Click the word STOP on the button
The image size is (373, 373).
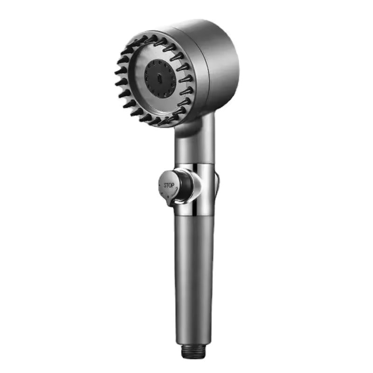point(169,185)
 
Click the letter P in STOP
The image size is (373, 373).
point(173,185)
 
